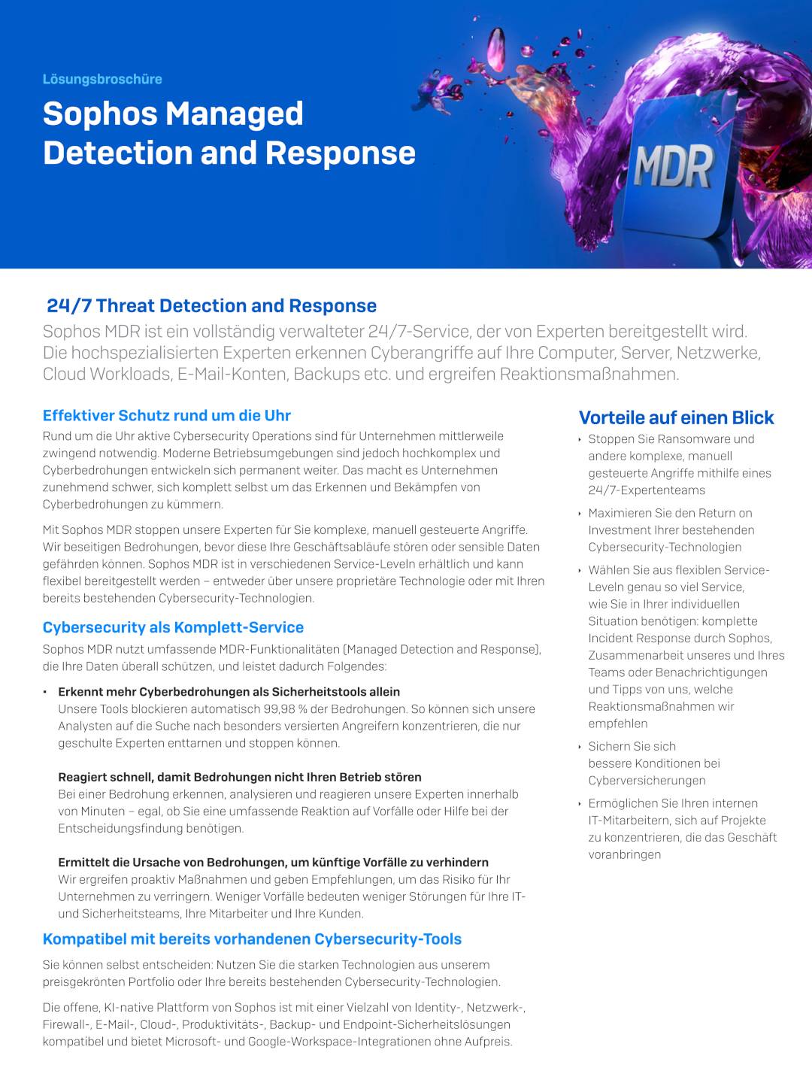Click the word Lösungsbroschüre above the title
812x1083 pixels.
click(x=102, y=79)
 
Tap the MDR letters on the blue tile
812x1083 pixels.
click(x=673, y=167)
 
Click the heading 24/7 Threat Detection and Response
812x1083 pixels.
click(x=211, y=305)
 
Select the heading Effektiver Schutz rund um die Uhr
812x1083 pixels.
click(x=166, y=415)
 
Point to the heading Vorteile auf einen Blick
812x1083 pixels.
click(x=676, y=417)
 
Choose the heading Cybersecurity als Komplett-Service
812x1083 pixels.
click(x=173, y=627)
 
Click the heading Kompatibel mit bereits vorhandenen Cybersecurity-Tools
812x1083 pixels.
click(x=252, y=939)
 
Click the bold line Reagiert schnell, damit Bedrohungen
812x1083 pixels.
click(x=239, y=777)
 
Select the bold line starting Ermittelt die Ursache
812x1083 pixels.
click(x=273, y=862)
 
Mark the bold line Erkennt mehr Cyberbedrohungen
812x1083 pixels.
click(x=229, y=692)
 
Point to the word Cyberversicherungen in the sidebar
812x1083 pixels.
click(x=647, y=781)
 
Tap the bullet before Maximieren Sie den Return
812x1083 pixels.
click(x=580, y=514)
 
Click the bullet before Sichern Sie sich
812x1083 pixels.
click(x=580, y=747)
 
